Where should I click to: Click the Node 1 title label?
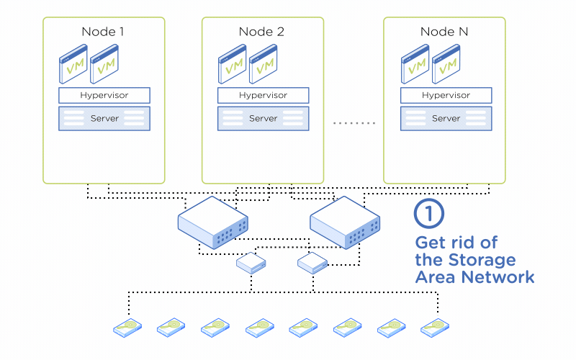pos(103,32)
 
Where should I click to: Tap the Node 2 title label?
pos(261,32)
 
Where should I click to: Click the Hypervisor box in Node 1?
pos(104,95)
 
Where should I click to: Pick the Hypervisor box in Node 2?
pos(263,95)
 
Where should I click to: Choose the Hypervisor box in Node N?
pos(446,95)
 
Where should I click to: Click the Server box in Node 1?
pos(104,118)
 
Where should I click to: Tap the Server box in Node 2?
pos(263,118)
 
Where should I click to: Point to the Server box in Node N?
pos(446,118)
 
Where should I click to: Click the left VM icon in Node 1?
pos(73,66)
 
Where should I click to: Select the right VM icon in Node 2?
pos(264,66)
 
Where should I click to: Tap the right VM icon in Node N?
pos(446,66)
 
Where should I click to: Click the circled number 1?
pos(429,213)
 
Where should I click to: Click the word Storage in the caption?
pos(482,259)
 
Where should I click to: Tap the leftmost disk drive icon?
pos(128,328)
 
